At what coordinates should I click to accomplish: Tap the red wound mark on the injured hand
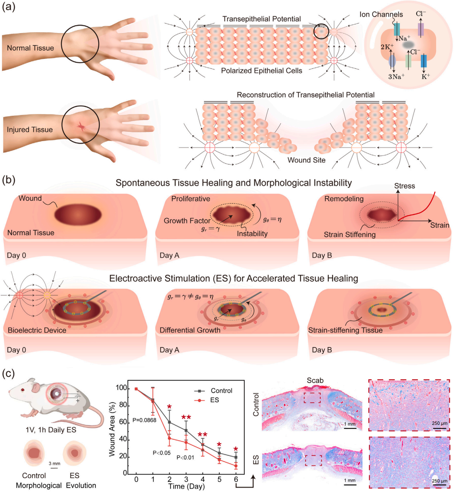(81, 127)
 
